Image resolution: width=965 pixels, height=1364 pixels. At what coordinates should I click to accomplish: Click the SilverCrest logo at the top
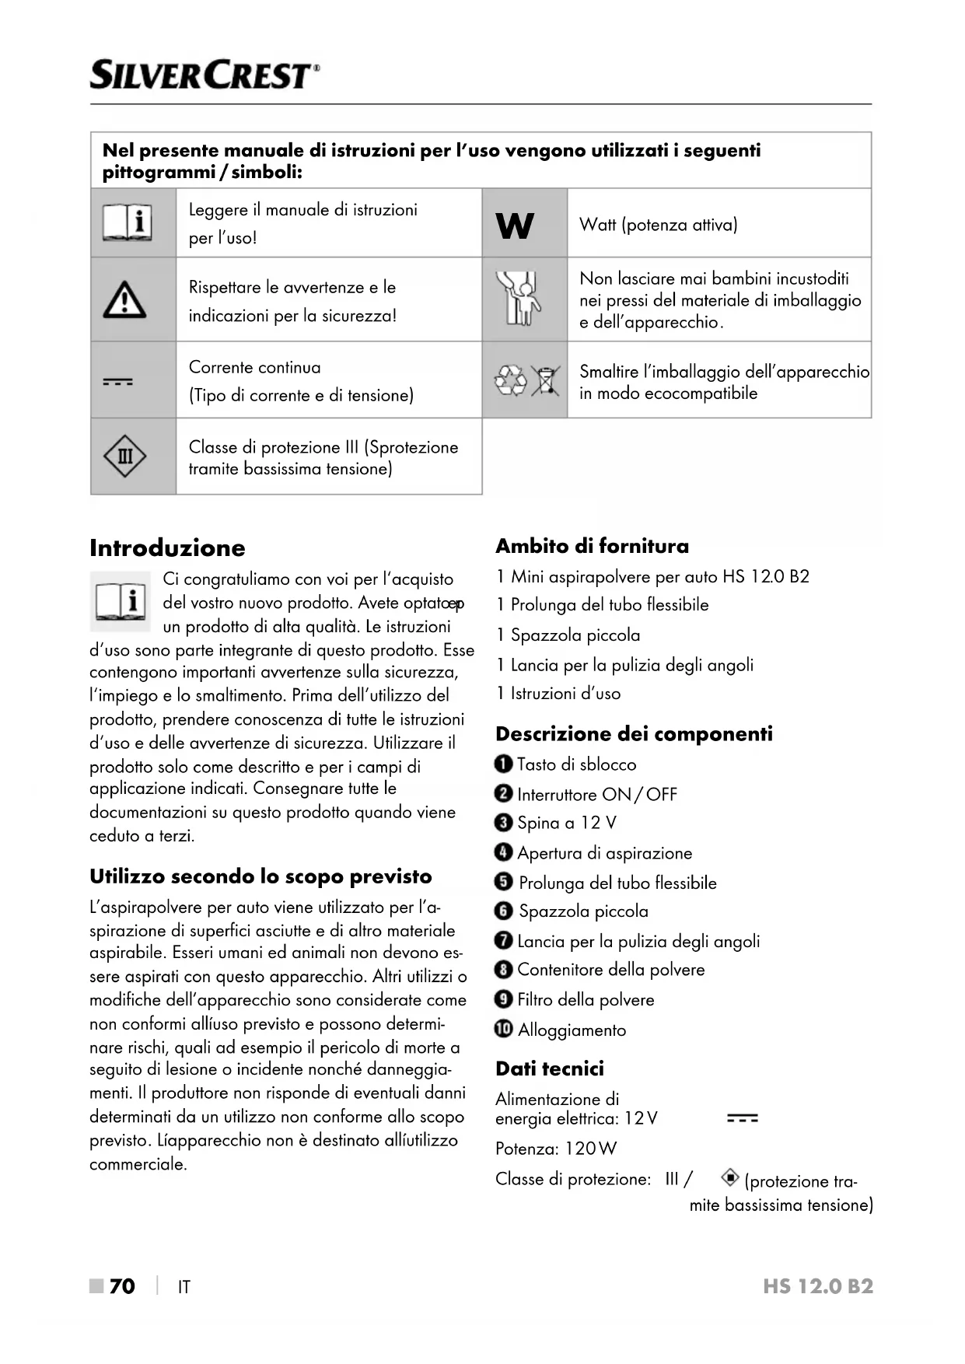[205, 75]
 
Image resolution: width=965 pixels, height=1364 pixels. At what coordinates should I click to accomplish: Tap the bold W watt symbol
[515, 226]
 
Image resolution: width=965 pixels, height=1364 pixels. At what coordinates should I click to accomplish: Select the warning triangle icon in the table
[124, 301]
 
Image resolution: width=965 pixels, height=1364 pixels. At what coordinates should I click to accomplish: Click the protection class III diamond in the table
[124, 456]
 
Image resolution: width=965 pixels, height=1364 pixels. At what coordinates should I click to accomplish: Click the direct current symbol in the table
[118, 382]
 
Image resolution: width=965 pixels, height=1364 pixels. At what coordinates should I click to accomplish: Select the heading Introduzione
[167, 547]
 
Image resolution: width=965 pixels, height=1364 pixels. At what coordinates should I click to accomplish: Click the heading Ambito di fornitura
[592, 546]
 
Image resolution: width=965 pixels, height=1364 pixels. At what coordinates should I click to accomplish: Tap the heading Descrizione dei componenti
[634, 733]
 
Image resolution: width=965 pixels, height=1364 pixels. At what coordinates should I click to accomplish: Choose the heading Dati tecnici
[550, 1068]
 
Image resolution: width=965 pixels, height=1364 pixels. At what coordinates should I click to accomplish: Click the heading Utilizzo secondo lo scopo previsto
[260, 876]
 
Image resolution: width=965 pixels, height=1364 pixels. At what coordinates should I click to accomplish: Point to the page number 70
[122, 1286]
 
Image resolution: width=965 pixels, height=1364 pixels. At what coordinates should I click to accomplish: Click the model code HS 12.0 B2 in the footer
[818, 1286]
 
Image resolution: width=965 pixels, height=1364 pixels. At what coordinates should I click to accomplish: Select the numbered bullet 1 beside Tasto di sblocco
[503, 764]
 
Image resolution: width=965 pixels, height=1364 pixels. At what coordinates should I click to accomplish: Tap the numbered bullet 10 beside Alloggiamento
[503, 1029]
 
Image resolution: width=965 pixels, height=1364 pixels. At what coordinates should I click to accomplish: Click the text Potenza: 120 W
[556, 1149]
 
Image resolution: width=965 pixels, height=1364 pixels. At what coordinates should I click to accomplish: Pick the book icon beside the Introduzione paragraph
[121, 601]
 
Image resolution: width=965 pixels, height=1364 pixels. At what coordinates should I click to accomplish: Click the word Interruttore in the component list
[558, 794]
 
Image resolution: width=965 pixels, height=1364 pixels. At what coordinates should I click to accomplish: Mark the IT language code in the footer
[184, 1287]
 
